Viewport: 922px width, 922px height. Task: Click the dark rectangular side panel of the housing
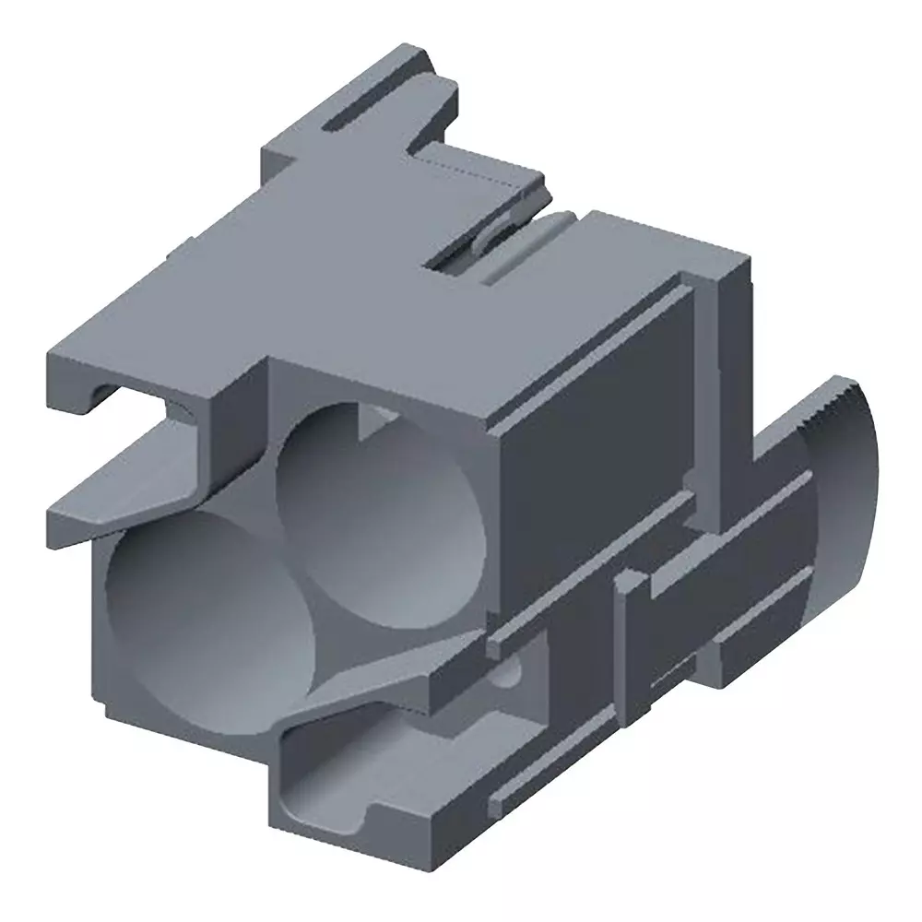click(590, 433)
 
